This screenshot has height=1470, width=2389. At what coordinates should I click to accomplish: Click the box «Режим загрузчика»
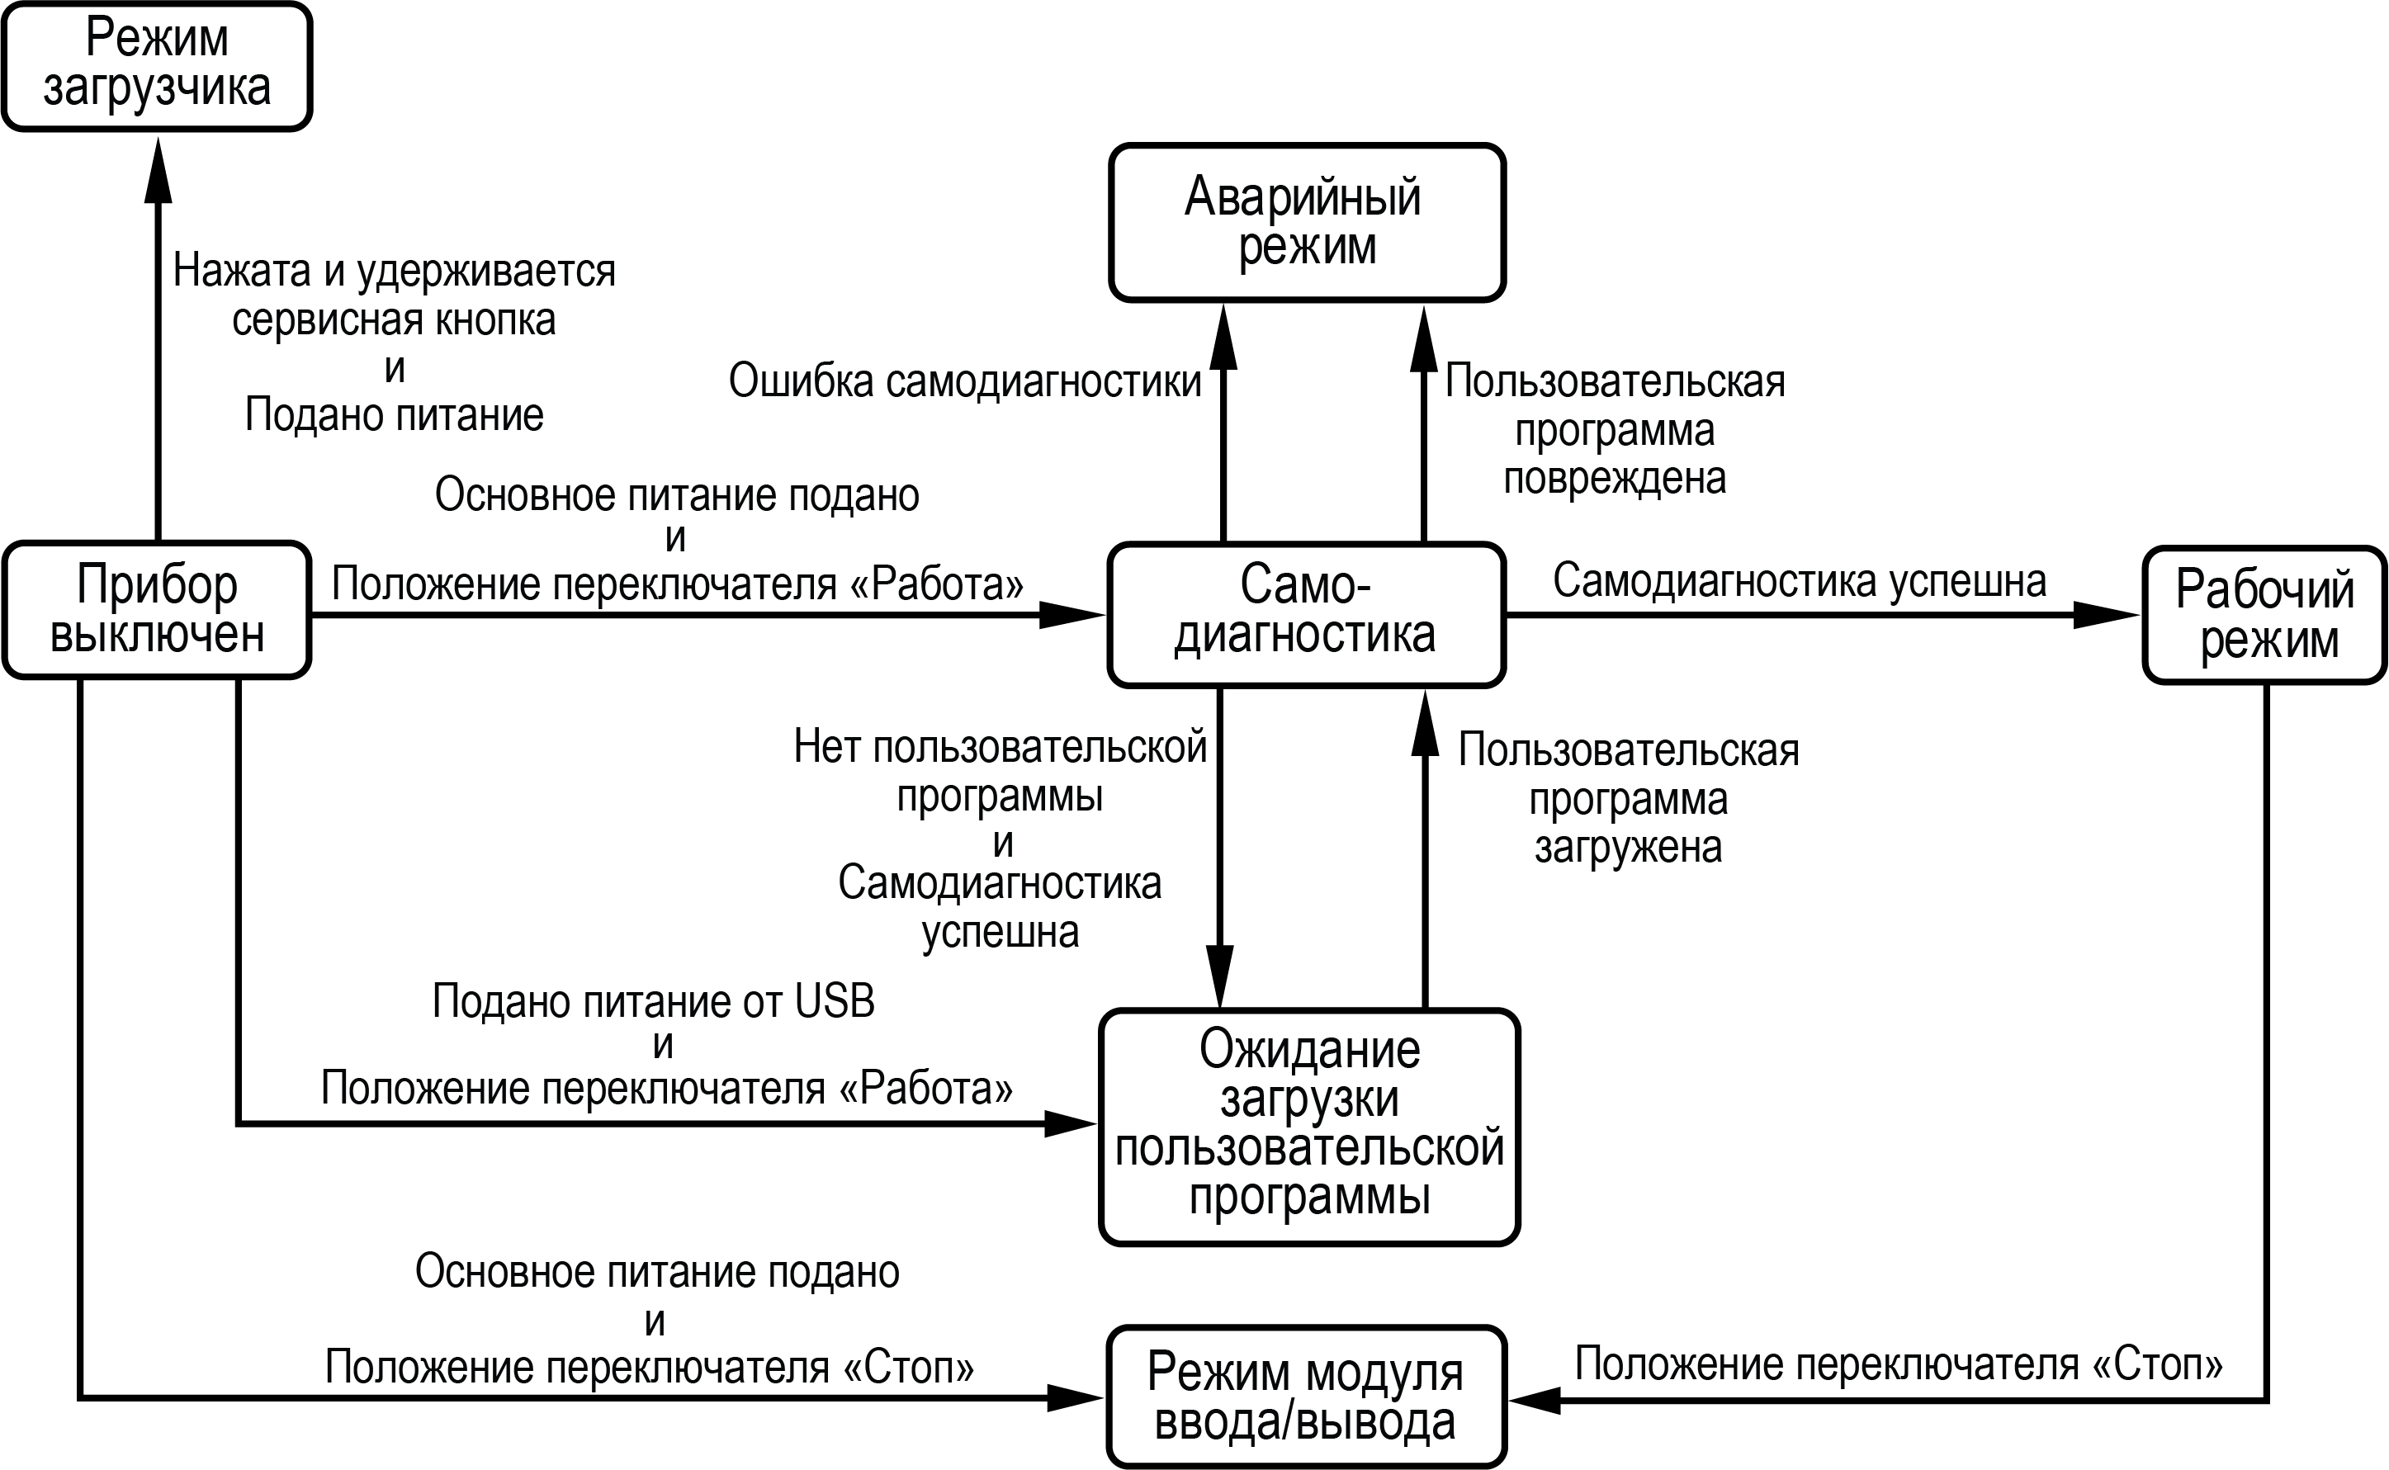click(157, 66)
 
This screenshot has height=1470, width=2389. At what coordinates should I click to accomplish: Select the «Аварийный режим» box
click(1306, 223)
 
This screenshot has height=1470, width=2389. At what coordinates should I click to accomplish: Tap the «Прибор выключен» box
click(157, 610)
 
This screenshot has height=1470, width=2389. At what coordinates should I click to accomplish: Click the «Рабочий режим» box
click(2264, 614)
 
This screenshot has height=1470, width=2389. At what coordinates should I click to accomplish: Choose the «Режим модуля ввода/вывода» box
click(1306, 1397)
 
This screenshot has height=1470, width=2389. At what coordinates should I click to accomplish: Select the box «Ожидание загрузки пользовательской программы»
click(1308, 1125)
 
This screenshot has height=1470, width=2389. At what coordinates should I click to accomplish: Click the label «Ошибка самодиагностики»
click(964, 381)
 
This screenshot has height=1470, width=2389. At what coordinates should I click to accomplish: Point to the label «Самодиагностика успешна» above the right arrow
click(1799, 580)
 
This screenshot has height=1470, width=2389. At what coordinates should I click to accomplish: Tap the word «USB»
click(835, 1001)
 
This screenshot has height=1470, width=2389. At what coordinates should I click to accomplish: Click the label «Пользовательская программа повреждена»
click(1615, 430)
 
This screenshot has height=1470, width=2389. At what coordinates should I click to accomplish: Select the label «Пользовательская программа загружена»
click(1629, 799)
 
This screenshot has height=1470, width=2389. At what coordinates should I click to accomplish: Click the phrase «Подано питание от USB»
click(654, 1001)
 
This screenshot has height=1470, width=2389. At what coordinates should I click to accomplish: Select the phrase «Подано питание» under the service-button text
click(394, 415)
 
